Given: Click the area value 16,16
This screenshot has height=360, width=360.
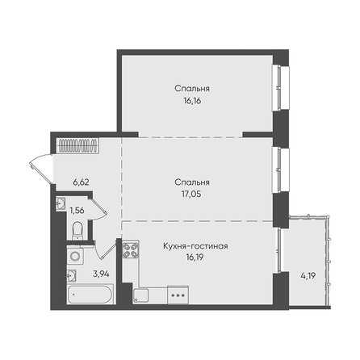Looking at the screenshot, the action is click(x=192, y=101).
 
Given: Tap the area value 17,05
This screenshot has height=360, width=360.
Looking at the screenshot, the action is click(x=191, y=194).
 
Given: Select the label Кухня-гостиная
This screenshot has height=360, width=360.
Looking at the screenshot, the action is click(x=195, y=246).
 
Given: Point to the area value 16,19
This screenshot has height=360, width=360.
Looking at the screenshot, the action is click(x=195, y=257).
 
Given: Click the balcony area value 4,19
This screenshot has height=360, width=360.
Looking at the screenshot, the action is click(x=308, y=276).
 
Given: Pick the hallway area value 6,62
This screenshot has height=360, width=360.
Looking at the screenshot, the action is click(x=81, y=182).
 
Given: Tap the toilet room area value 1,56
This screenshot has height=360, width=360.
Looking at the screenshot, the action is click(x=77, y=210).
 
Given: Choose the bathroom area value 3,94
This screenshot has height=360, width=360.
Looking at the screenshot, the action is click(x=101, y=274).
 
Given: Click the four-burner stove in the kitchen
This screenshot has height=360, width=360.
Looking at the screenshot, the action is click(x=131, y=249).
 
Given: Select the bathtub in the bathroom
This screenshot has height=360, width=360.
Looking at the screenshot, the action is click(x=90, y=295).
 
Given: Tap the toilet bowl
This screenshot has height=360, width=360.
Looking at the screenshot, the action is click(x=77, y=230).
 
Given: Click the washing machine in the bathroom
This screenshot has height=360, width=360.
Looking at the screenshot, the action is click(x=75, y=257).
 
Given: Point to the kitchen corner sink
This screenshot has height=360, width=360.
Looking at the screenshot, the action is click(x=140, y=295).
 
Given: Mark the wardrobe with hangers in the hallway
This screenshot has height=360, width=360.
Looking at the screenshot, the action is click(x=78, y=145).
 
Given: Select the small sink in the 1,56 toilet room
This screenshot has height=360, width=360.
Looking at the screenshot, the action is click(x=61, y=203).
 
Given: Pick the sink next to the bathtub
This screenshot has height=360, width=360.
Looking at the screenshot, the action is click(x=72, y=275).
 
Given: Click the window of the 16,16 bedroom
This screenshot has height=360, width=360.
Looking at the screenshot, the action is click(x=281, y=88).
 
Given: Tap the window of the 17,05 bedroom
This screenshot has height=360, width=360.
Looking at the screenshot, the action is click(x=281, y=170).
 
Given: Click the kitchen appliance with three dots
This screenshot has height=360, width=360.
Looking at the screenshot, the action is click(x=178, y=295).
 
